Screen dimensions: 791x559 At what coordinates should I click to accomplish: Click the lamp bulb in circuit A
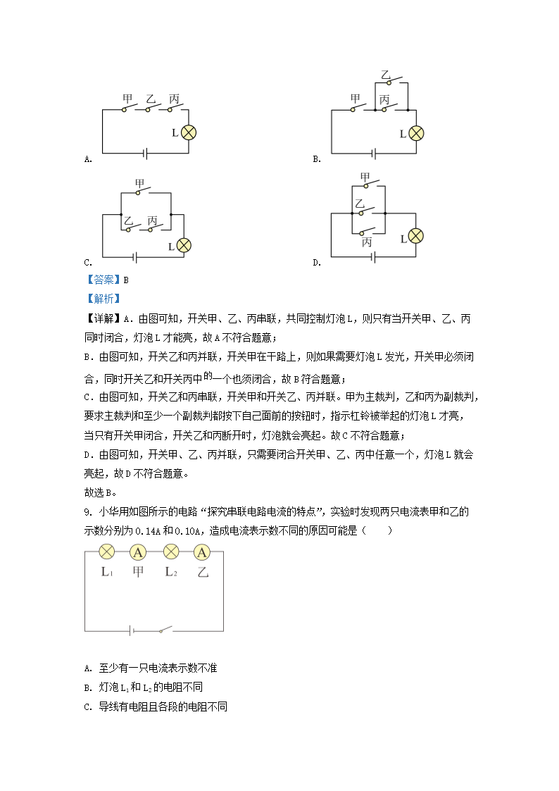coord(188,132)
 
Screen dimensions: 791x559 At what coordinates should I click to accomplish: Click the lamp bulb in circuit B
coord(417,133)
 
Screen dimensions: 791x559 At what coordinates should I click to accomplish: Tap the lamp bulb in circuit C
coord(183,245)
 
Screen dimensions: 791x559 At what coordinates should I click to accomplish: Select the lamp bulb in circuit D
coord(417,236)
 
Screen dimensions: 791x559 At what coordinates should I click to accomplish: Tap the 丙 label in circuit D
coord(366,242)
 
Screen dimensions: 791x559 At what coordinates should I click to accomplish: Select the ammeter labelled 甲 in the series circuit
coord(139,552)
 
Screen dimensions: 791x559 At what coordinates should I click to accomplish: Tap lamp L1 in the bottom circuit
coord(107,552)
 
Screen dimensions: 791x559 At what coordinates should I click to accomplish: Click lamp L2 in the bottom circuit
coord(170,552)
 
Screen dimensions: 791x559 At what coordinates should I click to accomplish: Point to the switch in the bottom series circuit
coord(165,630)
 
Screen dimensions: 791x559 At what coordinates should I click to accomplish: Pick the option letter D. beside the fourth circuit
coord(316,262)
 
